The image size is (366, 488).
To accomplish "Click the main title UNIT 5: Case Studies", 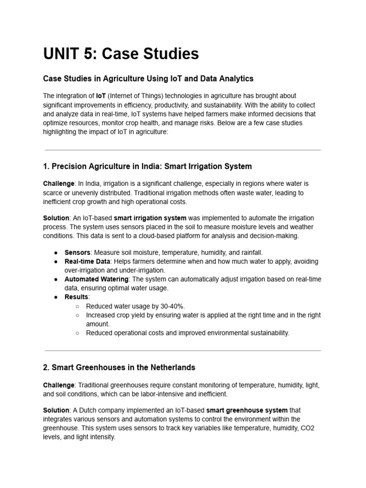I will (121, 54).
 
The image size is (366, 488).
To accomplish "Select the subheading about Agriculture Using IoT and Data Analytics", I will (148, 78).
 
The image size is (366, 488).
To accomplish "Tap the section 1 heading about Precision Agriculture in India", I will (147, 166).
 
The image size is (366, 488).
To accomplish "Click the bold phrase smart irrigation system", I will (150, 218).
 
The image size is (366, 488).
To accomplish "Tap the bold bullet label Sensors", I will (77, 252).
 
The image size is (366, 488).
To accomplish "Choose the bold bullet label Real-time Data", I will (87, 262).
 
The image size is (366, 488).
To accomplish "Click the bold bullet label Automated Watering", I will (96, 279).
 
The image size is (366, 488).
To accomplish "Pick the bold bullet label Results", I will (77, 297).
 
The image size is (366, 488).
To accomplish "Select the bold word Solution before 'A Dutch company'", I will (56, 410).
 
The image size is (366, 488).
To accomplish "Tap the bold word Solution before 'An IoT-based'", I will (56, 218).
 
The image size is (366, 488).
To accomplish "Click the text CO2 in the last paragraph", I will (306, 427).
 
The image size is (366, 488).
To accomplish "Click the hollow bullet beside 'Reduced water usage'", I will (78, 306).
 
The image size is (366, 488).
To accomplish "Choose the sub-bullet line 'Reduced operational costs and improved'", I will (187, 333).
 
